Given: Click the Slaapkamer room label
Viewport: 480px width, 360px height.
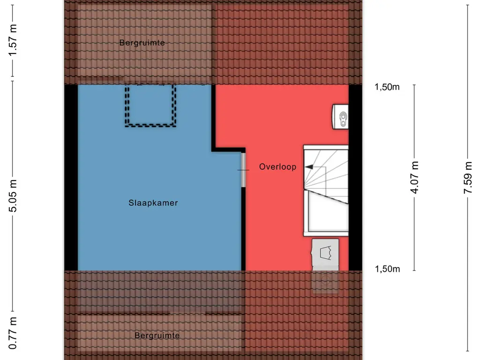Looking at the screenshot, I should pos(153,203).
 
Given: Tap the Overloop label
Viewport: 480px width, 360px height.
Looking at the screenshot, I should pos(277,167).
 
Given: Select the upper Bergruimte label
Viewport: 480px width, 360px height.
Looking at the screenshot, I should pos(142,43).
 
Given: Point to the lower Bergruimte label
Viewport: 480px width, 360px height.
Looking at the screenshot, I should pos(157,336).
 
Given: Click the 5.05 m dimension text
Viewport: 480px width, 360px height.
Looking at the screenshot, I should pos(14,195).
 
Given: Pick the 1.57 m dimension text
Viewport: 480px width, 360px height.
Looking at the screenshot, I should pos(14,40).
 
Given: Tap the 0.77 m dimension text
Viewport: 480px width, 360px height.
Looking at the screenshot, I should pos(14,333).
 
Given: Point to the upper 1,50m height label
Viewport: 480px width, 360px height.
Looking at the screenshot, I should pos(387,87).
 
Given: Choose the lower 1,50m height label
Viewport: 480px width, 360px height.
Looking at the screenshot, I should pos(387,269).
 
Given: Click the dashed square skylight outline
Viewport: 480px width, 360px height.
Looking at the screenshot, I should pos(150,105).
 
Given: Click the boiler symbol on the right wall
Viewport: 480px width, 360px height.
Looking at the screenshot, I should pos(341,116).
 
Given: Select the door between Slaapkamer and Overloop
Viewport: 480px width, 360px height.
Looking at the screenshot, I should pos(243,169).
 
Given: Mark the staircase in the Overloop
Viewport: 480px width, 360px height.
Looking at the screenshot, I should pos(326,173).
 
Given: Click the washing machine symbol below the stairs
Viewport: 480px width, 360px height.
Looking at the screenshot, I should pos(325,254).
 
